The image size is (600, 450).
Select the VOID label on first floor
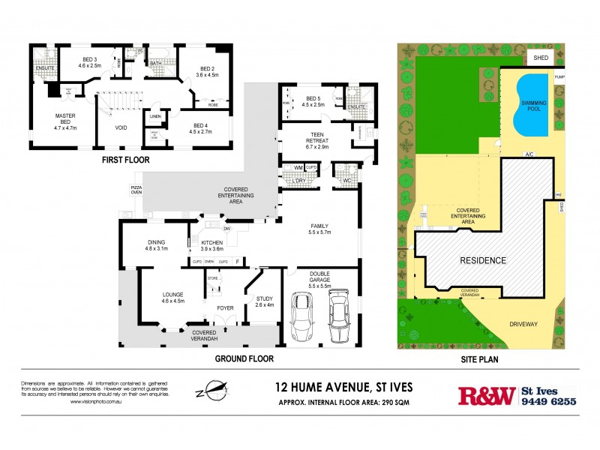(121, 127)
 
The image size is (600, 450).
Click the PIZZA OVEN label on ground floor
(136, 189)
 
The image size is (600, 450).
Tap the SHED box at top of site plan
(540, 58)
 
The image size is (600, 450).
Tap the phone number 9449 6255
(548, 401)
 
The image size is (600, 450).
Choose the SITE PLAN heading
(480, 358)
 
